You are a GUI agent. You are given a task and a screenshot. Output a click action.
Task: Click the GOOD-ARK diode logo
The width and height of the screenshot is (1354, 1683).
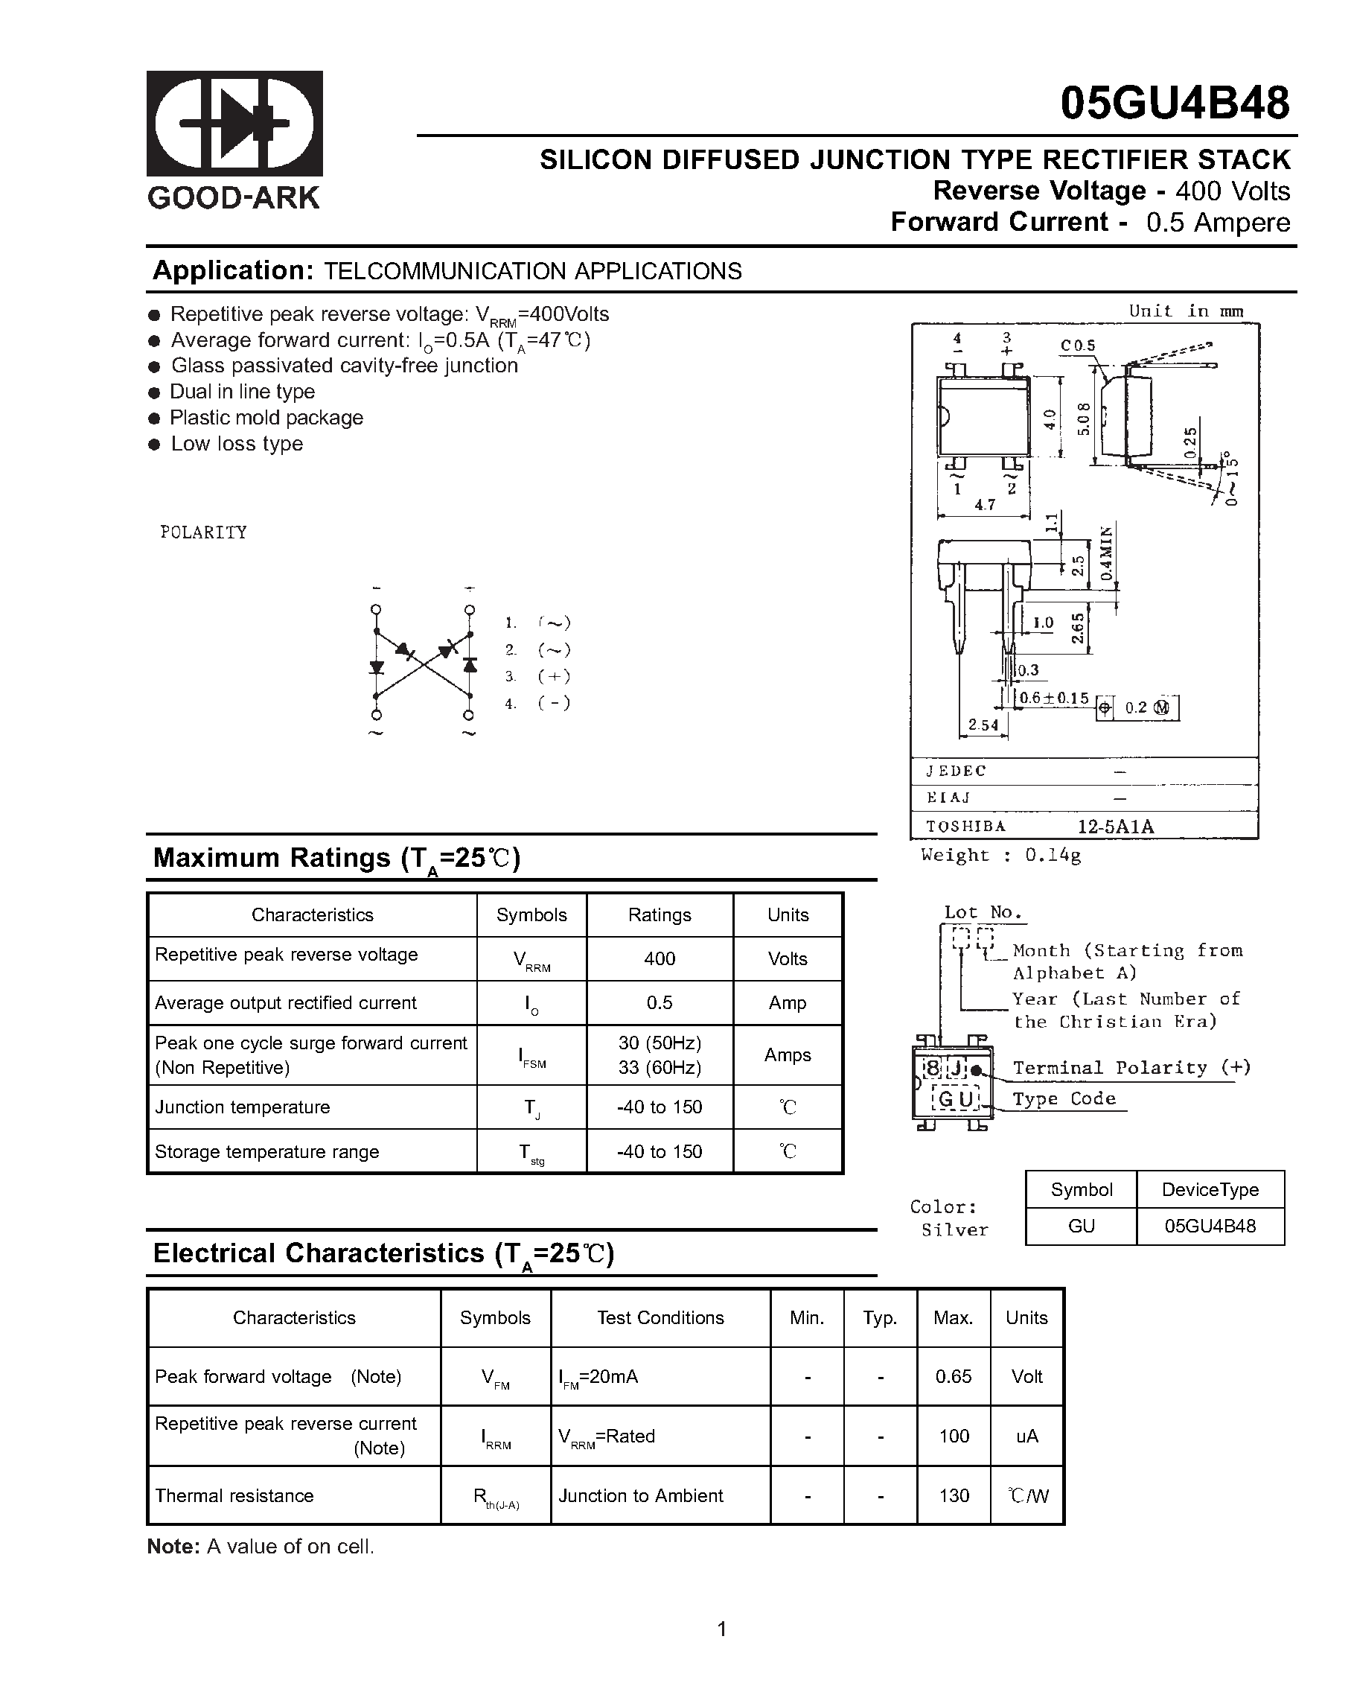[x=234, y=124]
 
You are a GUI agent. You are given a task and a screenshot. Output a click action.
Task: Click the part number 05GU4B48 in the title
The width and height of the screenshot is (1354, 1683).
[x=1174, y=103]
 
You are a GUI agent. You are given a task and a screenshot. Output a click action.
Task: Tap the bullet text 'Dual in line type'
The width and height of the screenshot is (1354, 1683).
[x=242, y=391]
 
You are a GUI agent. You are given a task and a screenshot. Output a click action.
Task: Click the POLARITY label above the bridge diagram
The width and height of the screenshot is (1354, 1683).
[x=203, y=532]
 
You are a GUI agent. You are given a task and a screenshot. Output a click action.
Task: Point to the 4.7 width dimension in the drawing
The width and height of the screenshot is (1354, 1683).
[x=984, y=504]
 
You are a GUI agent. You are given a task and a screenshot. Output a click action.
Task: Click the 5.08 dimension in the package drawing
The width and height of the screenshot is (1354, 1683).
[x=1083, y=419]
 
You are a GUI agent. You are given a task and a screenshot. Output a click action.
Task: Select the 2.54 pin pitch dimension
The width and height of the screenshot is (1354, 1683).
[x=983, y=725]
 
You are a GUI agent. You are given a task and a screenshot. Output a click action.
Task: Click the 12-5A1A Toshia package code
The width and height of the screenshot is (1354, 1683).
[x=1115, y=826]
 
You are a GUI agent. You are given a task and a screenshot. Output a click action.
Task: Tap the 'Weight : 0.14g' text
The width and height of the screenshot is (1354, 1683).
[x=1000, y=855]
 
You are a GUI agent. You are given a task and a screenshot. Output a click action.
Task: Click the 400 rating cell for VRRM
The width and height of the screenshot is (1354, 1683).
[x=659, y=958]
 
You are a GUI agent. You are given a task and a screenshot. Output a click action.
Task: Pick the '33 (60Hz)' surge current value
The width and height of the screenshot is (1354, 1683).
[x=659, y=1067]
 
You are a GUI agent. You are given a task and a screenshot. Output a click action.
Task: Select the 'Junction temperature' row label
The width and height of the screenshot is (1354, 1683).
[x=242, y=1107]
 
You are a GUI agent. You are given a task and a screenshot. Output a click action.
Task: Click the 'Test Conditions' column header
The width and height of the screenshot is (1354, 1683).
[x=660, y=1317]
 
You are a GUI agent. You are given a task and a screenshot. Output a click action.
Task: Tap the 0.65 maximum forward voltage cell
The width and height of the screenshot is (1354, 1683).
[x=953, y=1376]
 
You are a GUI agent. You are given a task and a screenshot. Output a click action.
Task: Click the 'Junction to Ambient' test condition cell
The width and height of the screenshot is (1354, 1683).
[x=640, y=1495]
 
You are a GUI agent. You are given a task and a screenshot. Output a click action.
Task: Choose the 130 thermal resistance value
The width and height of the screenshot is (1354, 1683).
[x=953, y=1495]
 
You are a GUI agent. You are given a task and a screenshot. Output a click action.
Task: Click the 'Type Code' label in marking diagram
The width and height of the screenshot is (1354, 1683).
[x=1064, y=1099]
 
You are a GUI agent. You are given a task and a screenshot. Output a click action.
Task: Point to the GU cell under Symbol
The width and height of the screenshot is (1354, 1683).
[x=1080, y=1227]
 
